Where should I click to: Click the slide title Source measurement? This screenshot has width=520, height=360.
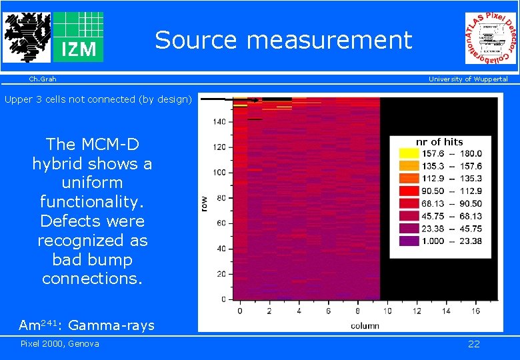284,41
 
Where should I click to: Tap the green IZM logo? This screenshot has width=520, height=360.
78,37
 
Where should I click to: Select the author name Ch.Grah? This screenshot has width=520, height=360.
42,79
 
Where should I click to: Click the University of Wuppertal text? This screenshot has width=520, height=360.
467,79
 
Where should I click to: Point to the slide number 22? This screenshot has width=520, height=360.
473,344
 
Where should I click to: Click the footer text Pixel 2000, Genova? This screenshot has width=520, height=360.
60,343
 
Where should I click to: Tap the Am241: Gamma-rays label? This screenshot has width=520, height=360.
87,325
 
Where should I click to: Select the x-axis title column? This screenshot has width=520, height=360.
365,325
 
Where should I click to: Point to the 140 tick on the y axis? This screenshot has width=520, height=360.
219,122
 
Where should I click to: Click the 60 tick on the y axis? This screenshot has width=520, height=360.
221,223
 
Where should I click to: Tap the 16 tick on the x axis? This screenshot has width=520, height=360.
475,311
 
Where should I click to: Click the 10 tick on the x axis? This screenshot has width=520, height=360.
387,311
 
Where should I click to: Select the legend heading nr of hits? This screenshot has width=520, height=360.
439,142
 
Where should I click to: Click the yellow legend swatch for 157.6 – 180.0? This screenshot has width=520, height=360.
409,153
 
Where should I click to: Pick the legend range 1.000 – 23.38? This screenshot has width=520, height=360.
451,241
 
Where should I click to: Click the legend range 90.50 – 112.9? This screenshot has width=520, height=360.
451,191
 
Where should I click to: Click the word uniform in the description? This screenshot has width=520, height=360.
92,182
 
